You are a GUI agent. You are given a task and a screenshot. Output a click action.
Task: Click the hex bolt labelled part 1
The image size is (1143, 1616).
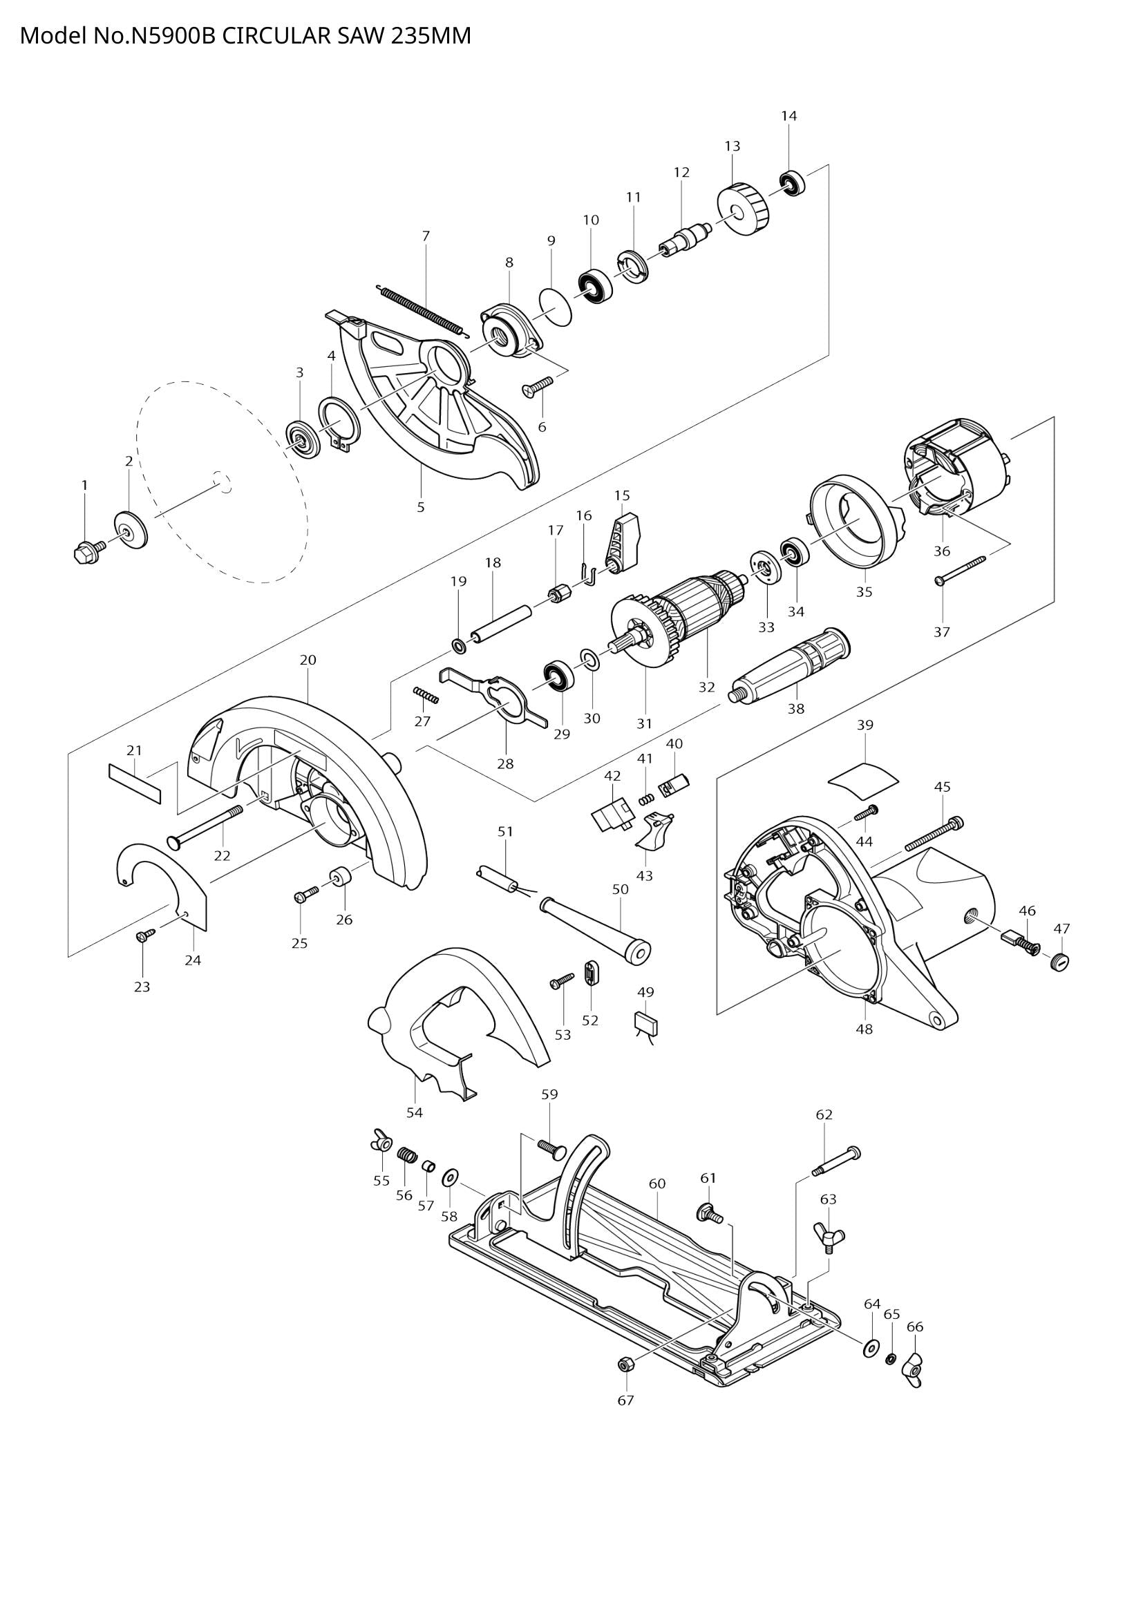coord(83,553)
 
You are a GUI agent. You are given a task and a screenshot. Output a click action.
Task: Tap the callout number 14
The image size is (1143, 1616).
coord(789,116)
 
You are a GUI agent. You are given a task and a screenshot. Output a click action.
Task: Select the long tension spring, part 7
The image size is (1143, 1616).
coord(421,308)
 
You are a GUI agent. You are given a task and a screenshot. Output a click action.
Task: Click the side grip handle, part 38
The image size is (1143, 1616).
coord(791,665)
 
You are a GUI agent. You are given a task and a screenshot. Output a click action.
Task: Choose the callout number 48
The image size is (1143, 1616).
coord(865,1029)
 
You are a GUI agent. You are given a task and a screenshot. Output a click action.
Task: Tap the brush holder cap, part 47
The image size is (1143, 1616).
coord(1059,962)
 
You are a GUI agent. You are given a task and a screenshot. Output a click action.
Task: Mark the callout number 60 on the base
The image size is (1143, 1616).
coord(656,1184)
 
